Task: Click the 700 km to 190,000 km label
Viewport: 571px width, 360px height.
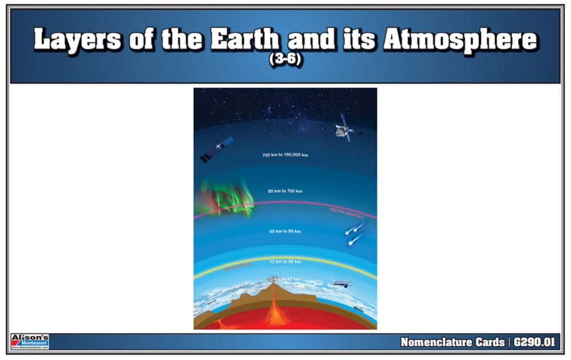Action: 285,155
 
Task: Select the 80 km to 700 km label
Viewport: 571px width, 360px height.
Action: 285,190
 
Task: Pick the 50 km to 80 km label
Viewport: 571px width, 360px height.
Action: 285,231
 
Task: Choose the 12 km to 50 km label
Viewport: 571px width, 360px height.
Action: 285,262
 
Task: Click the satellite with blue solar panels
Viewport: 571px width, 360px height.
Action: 217,149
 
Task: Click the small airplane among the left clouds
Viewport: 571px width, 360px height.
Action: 211,301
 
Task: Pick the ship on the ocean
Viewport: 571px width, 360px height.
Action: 357,308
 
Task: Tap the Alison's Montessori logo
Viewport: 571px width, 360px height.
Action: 30,342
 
